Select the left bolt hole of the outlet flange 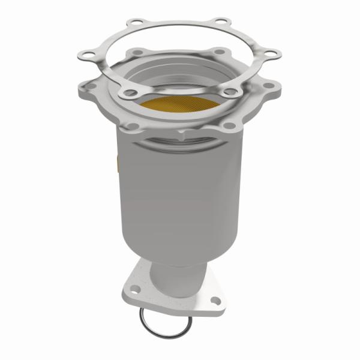(x=136, y=289)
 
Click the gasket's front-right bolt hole (x=230, y=92)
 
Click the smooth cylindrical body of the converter (x=180, y=192)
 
